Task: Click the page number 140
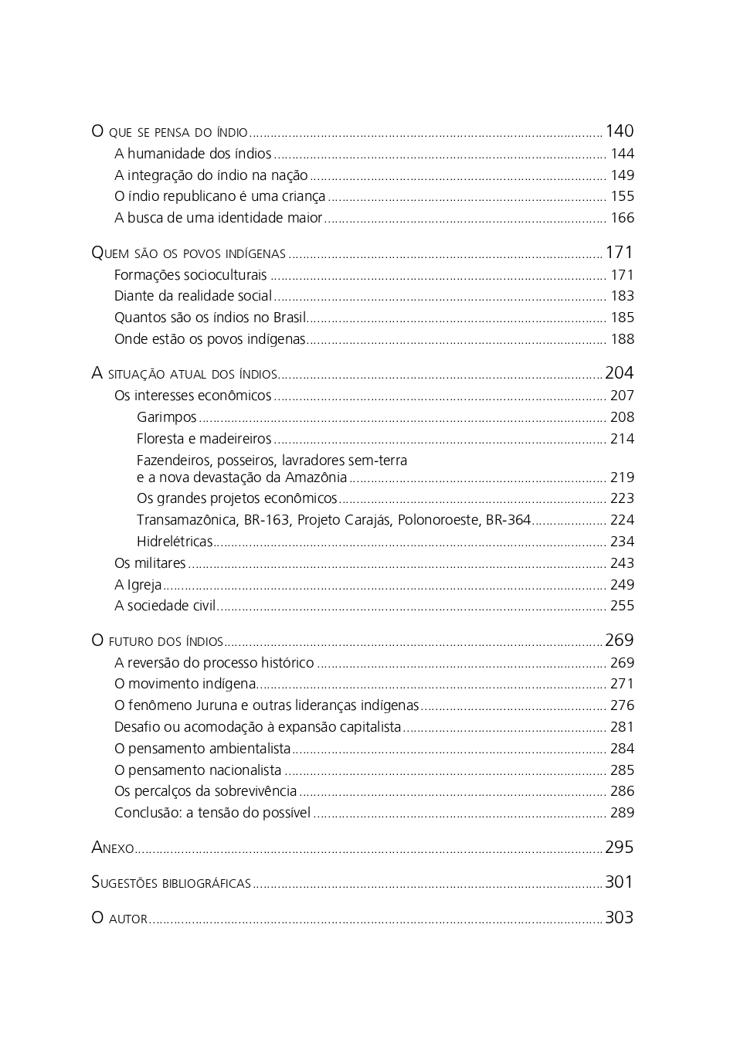point(619,131)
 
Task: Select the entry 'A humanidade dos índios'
point(193,154)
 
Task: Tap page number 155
point(622,197)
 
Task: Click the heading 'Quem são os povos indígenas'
point(188,253)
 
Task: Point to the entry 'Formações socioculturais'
point(190,275)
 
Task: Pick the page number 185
point(622,318)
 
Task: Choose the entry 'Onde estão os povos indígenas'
point(209,339)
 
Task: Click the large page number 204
point(619,373)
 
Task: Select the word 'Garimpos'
point(167,417)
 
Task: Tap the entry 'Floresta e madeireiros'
point(204,439)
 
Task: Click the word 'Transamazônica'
point(186,520)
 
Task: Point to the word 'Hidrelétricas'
point(175,542)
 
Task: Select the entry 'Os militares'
point(150,563)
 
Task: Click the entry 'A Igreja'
point(138,585)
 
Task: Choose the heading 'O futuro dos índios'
point(157,641)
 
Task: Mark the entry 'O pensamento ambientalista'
point(202,749)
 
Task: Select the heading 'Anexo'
point(113,848)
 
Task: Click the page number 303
point(619,918)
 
